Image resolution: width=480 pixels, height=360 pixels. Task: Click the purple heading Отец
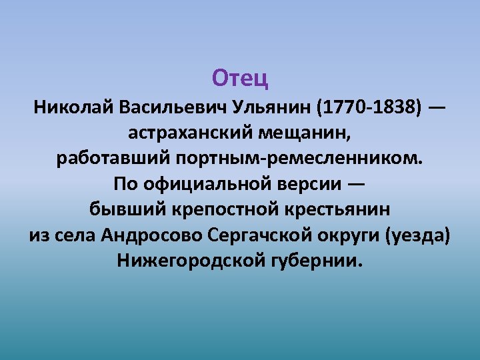tap(240, 79)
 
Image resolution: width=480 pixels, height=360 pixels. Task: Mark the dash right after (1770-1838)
tap(438, 107)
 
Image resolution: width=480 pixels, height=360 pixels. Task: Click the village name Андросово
tap(153, 235)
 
